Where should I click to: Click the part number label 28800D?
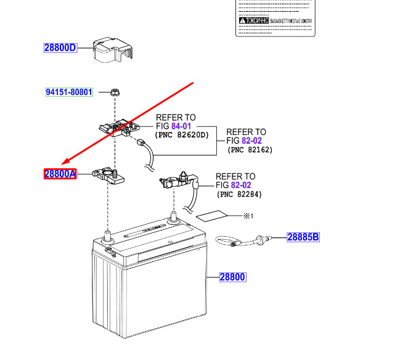(x=60, y=47)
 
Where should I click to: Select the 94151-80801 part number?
(x=69, y=92)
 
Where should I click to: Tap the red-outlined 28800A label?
(x=60, y=174)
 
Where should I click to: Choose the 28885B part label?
(x=303, y=237)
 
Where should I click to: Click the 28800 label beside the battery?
(x=232, y=278)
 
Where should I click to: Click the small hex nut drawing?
(x=115, y=92)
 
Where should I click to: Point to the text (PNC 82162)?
(x=250, y=149)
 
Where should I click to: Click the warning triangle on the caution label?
(x=242, y=20)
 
